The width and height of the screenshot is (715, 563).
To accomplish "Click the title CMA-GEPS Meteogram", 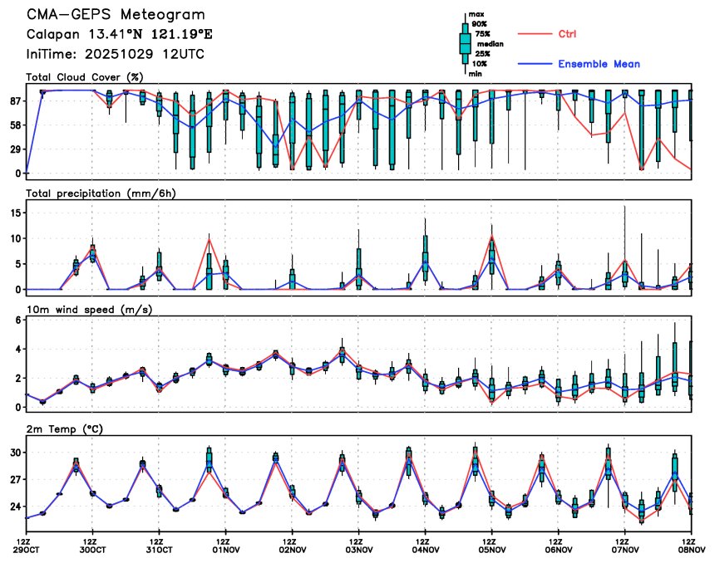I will (116, 16).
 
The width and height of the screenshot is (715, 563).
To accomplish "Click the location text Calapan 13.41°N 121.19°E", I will (120, 35).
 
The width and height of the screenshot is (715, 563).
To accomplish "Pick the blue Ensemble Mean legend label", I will (599, 64).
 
